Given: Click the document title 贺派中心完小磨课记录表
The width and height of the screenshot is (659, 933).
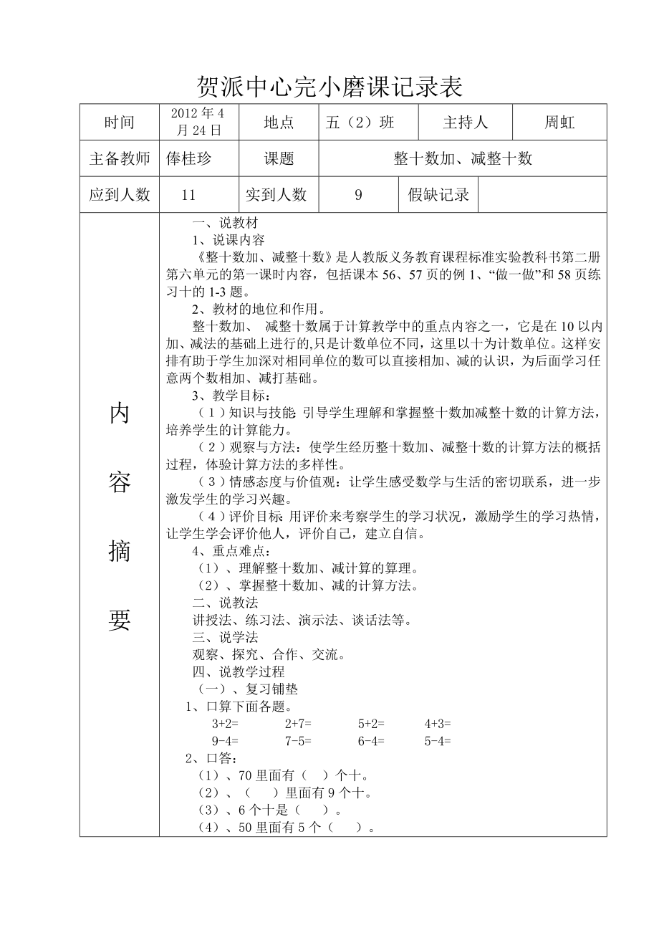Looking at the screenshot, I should coord(329,87).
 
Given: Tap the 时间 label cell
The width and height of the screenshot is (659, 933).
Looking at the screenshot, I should coord(119,123).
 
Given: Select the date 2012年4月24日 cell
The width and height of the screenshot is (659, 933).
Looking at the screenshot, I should coord(198,122).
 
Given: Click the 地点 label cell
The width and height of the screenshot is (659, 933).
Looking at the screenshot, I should coord(278,123).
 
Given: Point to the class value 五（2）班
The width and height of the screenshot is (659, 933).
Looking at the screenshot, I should coord(360,123).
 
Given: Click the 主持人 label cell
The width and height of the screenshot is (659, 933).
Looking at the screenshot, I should coord(465,123).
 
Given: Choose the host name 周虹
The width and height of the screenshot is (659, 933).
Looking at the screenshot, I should coord(559,123).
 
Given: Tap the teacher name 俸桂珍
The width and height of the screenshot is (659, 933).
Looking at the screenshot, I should coord(189,158).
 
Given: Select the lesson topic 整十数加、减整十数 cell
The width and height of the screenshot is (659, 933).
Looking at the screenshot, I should coord(463,158).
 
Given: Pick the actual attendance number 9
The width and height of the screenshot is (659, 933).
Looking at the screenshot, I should coord(358,195).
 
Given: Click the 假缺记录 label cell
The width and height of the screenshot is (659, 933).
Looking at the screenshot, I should coord(438,195).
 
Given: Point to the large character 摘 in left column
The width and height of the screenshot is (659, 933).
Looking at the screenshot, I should coord(120,551).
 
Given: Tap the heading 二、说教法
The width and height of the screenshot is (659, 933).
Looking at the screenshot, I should coord(225,603).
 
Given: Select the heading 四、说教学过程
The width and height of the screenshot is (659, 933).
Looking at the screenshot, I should coord(239,671).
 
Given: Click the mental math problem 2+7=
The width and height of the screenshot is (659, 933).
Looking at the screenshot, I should coord(298,724).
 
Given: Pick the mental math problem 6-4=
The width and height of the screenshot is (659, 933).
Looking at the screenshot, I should coord(371,741).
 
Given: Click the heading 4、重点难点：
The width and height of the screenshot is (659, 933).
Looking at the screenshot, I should coord(231,551).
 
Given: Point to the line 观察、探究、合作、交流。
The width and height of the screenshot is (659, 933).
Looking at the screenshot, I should coord(269,654).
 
